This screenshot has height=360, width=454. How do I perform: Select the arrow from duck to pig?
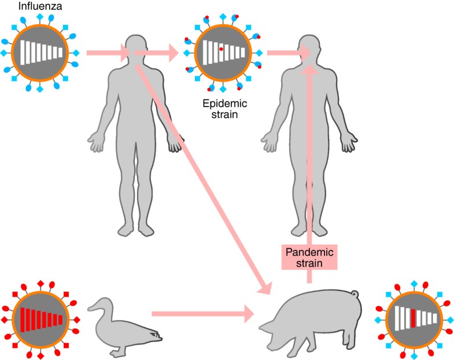[x=202, y=314]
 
